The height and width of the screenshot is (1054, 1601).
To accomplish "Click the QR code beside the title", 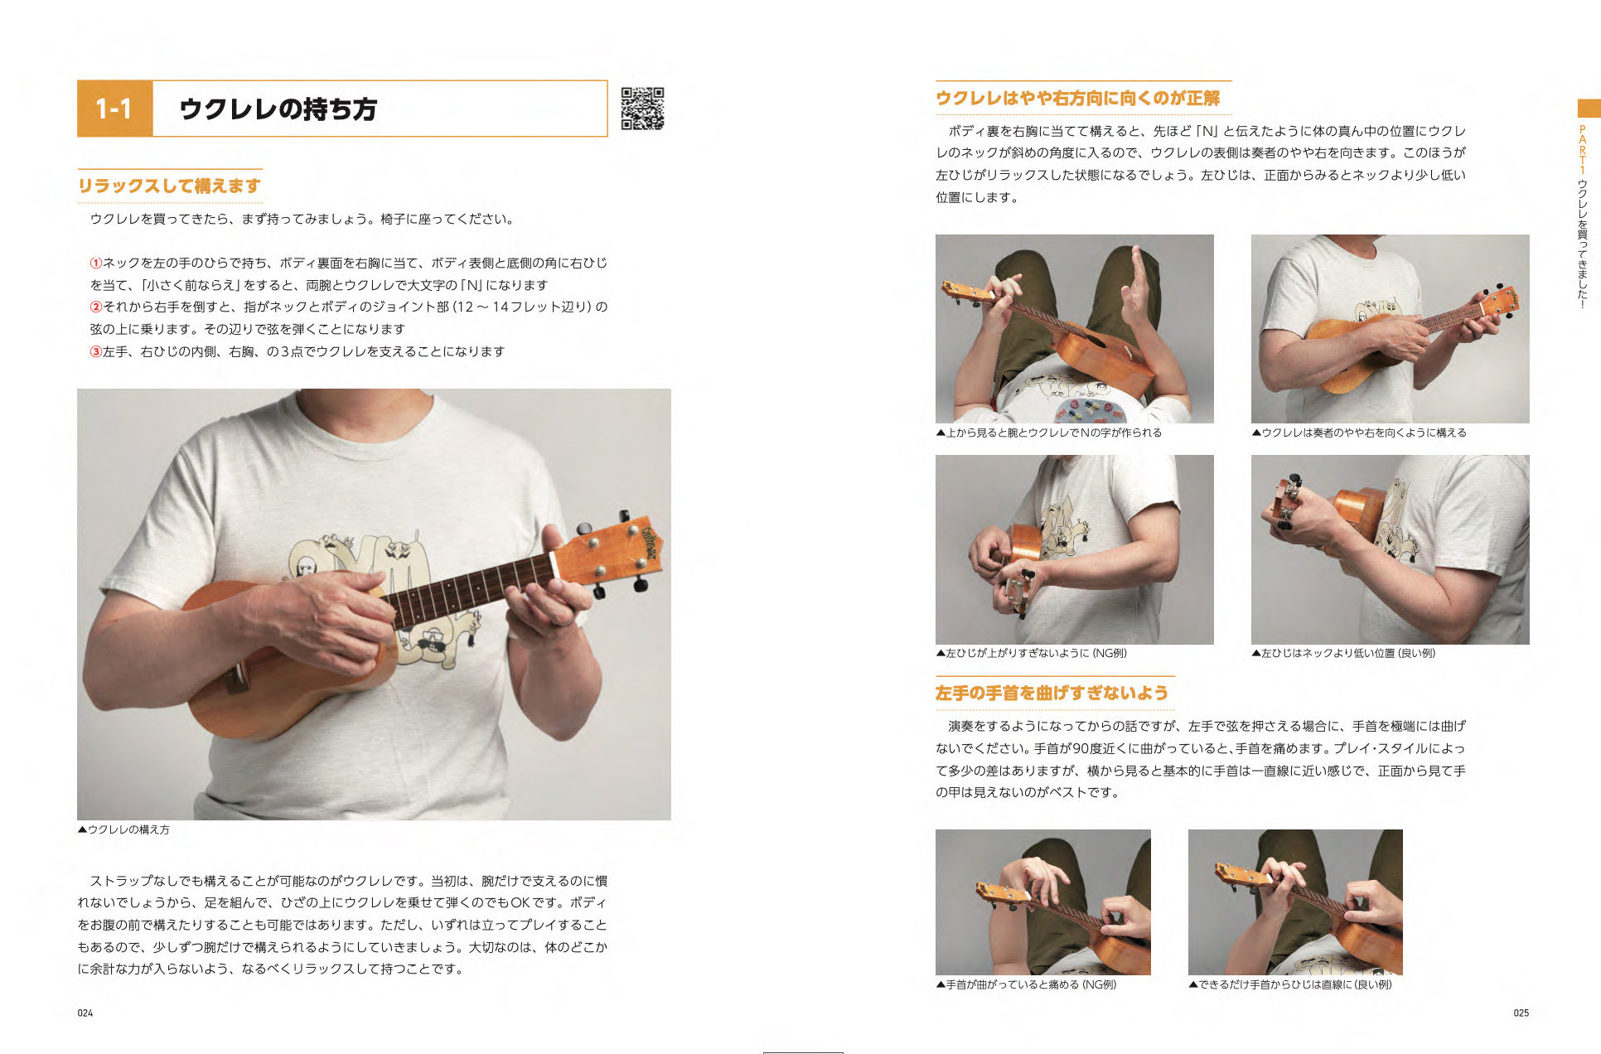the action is [642, 109].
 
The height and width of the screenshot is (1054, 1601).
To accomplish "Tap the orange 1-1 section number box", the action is [115, 109].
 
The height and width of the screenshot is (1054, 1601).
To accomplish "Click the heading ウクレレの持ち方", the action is [278, 109].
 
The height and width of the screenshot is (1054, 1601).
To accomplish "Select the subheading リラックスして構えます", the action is [170, 186].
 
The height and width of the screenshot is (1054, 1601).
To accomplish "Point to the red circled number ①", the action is [96, 263].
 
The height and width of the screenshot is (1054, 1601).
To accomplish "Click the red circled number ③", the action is [96, 351].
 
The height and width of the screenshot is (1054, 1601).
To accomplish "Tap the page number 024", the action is [85, 1013].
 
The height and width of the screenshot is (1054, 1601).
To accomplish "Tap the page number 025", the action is [1521, 1013].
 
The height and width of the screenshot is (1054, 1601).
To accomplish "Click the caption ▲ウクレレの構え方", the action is [123, 829].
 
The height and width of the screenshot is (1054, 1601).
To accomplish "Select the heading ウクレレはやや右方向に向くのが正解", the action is [1078, 98].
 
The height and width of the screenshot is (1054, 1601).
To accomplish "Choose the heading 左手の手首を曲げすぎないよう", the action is [1052, 693].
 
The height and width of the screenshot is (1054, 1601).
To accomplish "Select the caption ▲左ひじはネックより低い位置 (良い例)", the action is [1343, 653].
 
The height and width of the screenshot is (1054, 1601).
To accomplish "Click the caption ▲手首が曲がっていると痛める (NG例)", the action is [1026, 984].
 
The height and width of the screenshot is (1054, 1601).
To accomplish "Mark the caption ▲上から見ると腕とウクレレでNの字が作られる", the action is [1049, 433].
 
